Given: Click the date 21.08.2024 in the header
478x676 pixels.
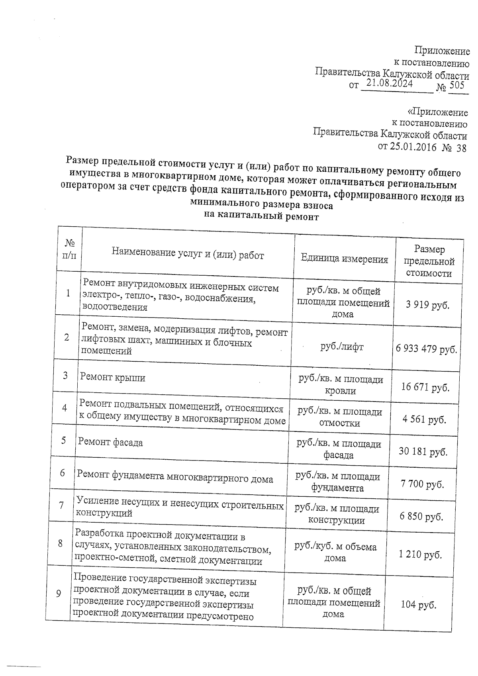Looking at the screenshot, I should pos(389,83).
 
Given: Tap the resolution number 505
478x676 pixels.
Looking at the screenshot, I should pos(457,85).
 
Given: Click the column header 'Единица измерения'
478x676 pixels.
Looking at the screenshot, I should pos(344,259).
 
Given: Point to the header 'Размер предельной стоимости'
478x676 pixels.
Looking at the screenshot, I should pos(429,261).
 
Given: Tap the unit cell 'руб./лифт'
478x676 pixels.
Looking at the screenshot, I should pos(342,347).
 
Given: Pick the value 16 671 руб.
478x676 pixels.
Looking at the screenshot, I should pos(425,387).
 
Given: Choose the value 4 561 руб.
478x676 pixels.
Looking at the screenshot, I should pos(424,419).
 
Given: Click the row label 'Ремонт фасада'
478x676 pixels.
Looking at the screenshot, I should pos(110,442).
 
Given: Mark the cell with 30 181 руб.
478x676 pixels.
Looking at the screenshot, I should pos(423,452).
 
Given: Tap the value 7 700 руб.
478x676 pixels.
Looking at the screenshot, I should pos(422,484).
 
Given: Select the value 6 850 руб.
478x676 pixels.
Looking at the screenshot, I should pos(421,517).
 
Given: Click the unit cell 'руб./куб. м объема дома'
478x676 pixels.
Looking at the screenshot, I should pos(335,553).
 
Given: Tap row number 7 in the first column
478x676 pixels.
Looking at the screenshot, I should pos(61,506).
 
